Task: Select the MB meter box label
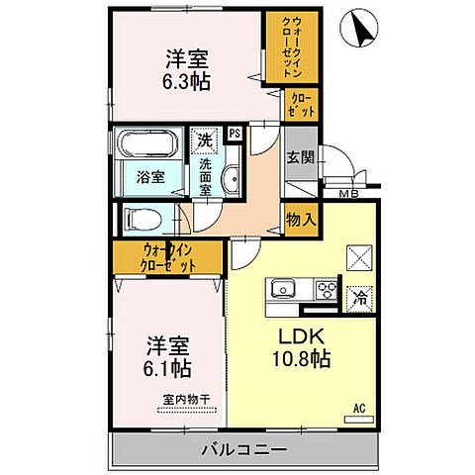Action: (347, 194)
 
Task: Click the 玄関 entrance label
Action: (300, 155)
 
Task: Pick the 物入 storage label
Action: (300, 220)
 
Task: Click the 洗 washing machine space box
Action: (203, 140)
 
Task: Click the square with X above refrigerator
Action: (358, 256)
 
